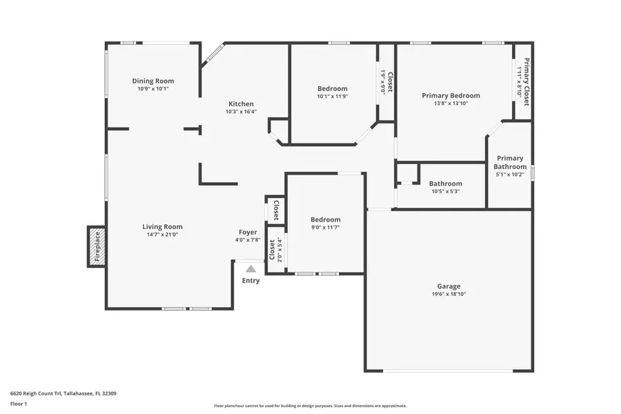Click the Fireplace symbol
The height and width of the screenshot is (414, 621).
97,246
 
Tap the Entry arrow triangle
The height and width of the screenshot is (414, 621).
251,269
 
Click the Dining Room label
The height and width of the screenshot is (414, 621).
153,81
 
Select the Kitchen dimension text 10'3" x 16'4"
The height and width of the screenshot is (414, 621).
241,112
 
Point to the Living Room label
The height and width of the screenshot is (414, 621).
162,227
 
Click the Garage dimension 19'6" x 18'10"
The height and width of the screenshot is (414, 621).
448,294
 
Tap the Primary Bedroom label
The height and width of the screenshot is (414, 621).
451,96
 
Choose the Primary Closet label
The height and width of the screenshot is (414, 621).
526,81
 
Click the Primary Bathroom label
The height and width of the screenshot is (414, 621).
510,162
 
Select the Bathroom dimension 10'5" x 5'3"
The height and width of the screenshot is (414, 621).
445,191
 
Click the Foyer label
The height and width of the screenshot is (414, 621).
248,233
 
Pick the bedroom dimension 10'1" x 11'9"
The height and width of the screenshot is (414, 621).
333,97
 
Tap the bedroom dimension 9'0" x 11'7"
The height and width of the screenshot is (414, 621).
326,227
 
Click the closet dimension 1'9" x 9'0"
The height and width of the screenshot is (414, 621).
383,81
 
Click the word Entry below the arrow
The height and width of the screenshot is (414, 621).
251,281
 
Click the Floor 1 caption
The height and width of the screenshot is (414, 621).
18,403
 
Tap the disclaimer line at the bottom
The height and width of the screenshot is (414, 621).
310,406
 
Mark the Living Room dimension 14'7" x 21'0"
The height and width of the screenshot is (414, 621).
162,235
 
